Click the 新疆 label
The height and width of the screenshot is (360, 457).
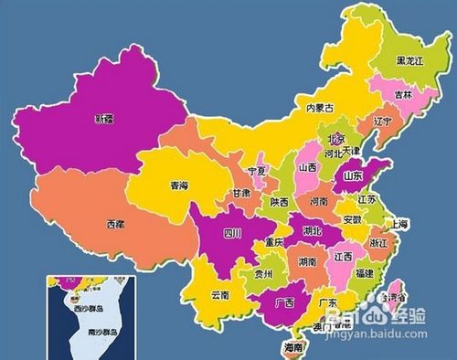tap(103, 119)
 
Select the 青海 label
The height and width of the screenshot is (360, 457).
tap(179, 185)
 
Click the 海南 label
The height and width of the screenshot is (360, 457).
tap(292, 348)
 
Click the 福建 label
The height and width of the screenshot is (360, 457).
tap(364, 272)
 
